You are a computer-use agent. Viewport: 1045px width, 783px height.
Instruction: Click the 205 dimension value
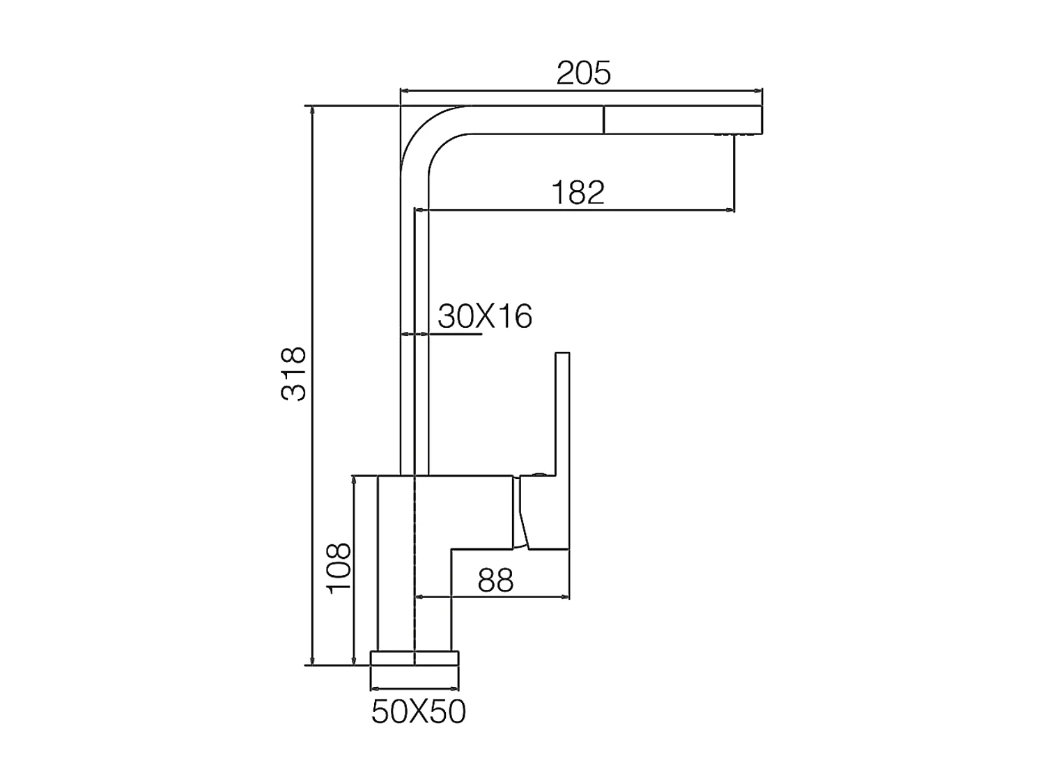point(583,73)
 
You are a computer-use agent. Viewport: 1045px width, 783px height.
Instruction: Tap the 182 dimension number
point(578,192)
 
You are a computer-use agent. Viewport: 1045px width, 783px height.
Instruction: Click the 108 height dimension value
point(339,568)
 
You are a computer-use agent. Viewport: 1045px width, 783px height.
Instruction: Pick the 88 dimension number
point(495,580)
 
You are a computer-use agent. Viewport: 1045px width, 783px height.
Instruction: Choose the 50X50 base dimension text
point(419,712)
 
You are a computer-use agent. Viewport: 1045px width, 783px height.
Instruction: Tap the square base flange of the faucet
point(415,658)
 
